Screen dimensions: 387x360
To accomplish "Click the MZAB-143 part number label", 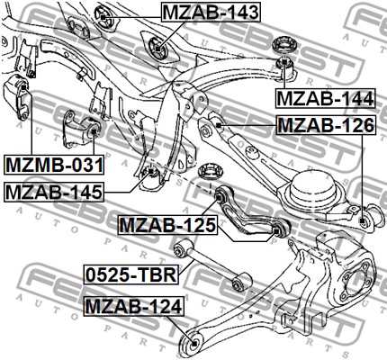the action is point(211,13).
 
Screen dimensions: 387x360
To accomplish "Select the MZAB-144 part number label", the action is point(326,98).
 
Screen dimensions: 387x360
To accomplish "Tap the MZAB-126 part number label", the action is point(326,125).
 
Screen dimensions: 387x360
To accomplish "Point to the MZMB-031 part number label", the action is point(54,165).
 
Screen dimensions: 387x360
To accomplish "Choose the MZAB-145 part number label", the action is point(54,192).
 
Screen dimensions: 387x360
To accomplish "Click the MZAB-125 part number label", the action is point(167,225).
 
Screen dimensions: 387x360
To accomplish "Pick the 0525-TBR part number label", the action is point(131,274).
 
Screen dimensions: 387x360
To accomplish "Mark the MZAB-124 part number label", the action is point(134,307).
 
